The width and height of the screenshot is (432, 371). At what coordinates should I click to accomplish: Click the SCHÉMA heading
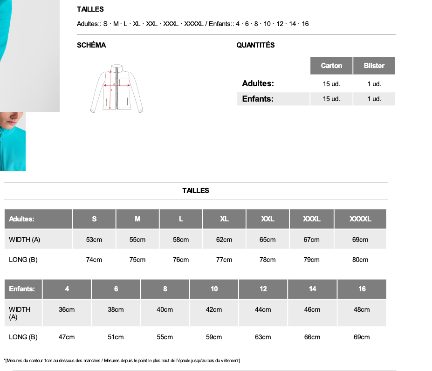[91, 45]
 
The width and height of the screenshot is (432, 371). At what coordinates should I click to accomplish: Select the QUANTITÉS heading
[255, 45]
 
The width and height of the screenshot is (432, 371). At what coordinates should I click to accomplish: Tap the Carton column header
[331, 66]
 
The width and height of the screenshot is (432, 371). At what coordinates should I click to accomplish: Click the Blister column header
[374, 66]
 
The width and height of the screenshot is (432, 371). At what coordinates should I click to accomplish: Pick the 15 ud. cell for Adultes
[331, 84]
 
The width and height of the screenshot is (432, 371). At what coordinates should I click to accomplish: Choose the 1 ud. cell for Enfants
[374, 99]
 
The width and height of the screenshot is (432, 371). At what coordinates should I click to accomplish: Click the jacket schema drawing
[117, 89]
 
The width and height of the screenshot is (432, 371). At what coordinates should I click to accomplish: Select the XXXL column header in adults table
[312, 219]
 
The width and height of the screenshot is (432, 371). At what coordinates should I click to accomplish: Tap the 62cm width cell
[224, 240]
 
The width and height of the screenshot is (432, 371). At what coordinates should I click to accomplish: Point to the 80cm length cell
[360, 260]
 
